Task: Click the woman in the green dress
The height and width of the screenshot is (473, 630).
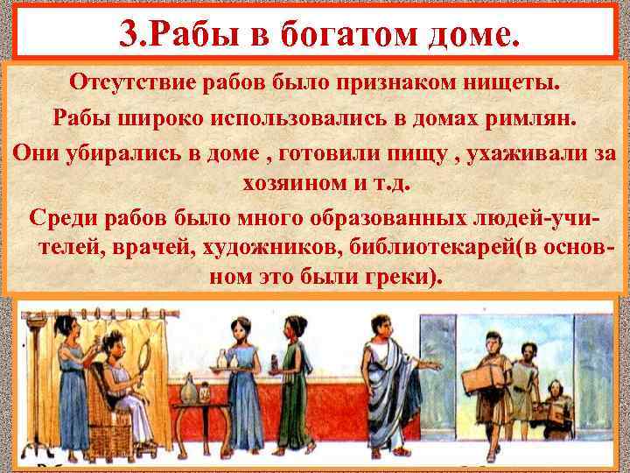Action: click(x=295, y=385)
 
